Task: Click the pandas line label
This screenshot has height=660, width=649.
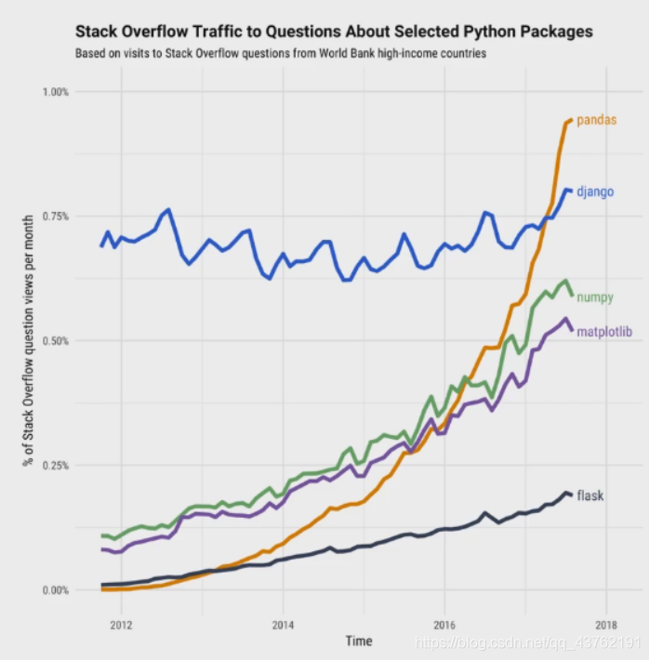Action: pos(597,121)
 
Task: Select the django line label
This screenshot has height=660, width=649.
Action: pos(596,192)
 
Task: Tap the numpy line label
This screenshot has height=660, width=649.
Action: pos(595,297)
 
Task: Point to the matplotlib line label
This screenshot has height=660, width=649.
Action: pos(604,332)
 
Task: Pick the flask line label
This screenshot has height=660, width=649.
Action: pos(590,495)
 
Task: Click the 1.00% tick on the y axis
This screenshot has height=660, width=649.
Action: pos(56,92)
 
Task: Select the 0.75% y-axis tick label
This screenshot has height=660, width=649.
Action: pos(56,217)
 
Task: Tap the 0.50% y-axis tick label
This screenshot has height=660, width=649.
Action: pos(56,341)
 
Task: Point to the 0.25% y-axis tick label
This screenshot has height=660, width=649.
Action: pos(56,466)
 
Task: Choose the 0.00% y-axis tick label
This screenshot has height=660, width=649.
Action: pos(56,590)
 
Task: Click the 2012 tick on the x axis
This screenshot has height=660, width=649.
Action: pos(121,624)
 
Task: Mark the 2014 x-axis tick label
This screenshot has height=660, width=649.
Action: pos(283,624)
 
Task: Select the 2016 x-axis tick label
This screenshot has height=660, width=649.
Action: pos(444,624)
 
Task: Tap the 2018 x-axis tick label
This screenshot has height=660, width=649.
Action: pos(606,624)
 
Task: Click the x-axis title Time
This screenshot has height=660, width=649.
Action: pos(359,641)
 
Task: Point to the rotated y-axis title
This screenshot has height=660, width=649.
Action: pos(29,340)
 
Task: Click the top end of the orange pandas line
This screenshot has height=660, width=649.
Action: pos(570,120)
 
